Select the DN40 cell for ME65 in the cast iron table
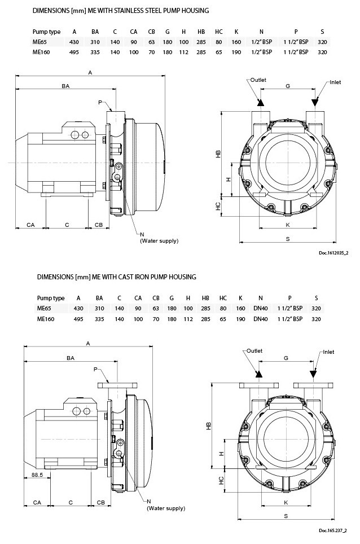(x=260, y=308)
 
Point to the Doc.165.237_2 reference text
(x=332, y=530)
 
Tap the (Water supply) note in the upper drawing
(x=159, y=241)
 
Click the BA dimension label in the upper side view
(x=65, y=86)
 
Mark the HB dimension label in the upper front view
(x=218, y=153)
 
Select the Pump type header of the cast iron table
(x=51, y=298)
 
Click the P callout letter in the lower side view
(x=95, y=369)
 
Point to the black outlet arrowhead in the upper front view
(x=260, y=103)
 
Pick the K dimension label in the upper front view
(x=288, y=225)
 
